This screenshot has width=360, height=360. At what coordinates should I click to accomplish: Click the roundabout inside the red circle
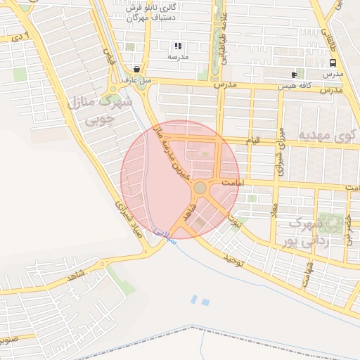pyautogui.click(x=200, y=188)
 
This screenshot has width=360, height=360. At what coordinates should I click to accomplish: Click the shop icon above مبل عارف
pyautogui.click(x=136, y=70)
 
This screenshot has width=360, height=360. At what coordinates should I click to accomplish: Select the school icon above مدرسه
pyautogui.click(x=178, y=46)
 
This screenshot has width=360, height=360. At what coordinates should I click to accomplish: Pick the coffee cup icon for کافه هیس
pyautogui.click(x=294, y=75)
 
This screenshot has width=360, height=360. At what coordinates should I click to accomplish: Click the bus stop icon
pyautogui.click(x=333, y=63)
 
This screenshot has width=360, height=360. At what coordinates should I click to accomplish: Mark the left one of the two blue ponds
pyautogui.click(x=194, y=300)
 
